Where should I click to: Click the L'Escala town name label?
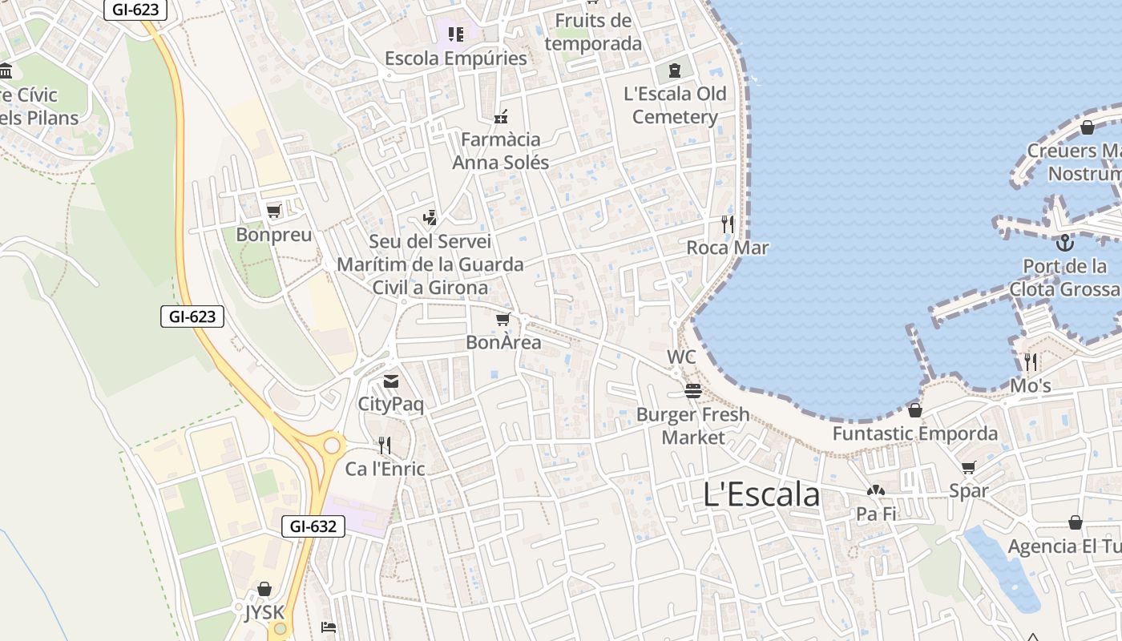pos(761,494)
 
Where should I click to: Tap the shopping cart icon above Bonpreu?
pos(274,212)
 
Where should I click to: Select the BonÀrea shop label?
pos(503,343)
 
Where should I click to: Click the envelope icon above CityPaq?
pos(391,381)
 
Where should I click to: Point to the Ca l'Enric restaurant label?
pos(385,469)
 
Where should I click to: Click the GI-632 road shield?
pos(313,526)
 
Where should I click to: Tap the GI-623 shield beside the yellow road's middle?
pos(192,316)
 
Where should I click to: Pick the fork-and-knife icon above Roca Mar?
pos(728,224)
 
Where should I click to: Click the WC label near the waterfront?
pos(681,357)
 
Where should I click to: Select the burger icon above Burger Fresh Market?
pos(693,391)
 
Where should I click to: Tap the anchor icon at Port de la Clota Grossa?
pos(1065,242)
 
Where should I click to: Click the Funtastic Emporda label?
pos(915,434)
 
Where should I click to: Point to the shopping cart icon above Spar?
pos(969,468)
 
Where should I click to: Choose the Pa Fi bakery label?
pos(876,514)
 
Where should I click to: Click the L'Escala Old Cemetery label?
pos(675,105)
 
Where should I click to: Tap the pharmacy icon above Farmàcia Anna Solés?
pos(502,117)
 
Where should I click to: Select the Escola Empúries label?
pos(456,58)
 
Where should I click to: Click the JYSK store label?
pos(264,613)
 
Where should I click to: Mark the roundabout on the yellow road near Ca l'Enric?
pos(331,445)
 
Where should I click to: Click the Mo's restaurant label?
pos(1030,386)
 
